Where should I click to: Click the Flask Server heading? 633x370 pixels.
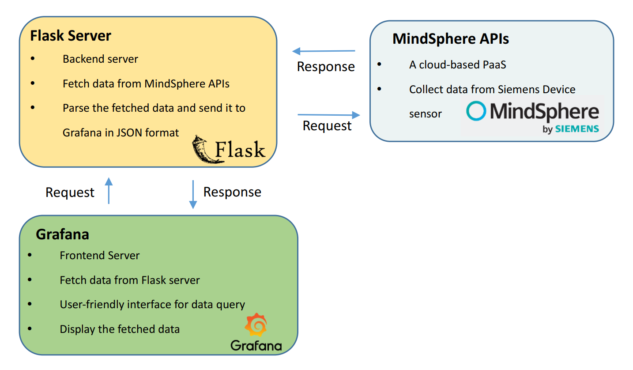[x=71, y=36]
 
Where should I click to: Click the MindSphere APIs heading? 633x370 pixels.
[x=451, y=39]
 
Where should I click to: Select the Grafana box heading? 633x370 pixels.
[x=62, y=234]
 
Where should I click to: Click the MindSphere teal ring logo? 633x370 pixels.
[x=476, y=111]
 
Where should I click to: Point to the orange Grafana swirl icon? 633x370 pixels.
[x=256, y=325]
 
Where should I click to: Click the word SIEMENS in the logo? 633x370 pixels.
[x=576, y=129]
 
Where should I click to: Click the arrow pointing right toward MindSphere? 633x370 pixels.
[x=329, y=115]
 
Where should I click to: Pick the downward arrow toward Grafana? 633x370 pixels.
[x=193, y=194]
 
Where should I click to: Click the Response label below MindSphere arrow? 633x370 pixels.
[x=326, y=67]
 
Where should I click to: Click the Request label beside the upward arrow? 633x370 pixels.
[x=70, y=193]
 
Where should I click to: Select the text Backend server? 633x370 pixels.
[x=100, y=59]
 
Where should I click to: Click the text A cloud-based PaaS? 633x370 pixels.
[x=457, y=64]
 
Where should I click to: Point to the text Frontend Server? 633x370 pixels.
[x=100, y=255]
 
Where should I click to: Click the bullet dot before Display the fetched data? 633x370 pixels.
[x=30, y=329]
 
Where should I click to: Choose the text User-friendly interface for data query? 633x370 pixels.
[x=152, y=304]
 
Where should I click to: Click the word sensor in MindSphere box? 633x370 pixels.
[x=425, y=114]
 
